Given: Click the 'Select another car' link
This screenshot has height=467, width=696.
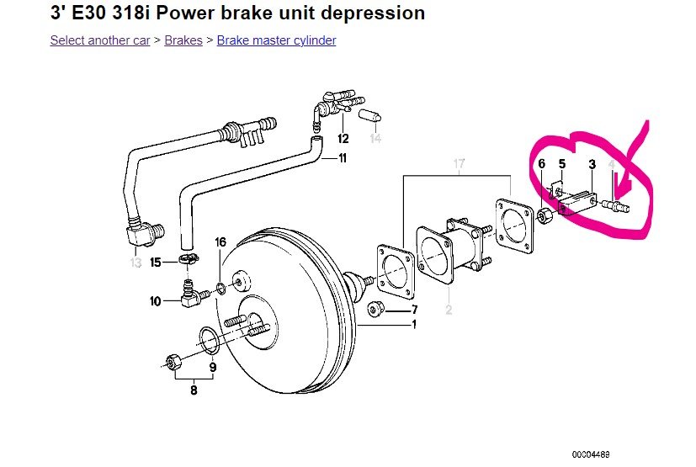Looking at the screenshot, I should click(100, 40).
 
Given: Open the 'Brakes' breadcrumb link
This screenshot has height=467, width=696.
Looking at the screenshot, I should click(183, 40).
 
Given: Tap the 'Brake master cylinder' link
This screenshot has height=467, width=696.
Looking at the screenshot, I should click(276, 40).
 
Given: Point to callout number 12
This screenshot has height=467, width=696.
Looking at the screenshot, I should click(343, 138).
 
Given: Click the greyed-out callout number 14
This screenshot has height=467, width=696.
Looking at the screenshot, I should click(375, 138).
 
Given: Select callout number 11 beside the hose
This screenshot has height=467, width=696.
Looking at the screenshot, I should click(343, 157).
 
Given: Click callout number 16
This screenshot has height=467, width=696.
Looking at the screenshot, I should click(220, 242).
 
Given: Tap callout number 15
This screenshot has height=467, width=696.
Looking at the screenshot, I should click(156, 263).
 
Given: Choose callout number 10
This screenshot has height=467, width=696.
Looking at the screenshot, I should click(156, 300).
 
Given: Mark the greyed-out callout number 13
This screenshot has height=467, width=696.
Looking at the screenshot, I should click(136, 263).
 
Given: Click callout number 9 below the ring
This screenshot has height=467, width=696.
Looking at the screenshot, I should click(212, 367).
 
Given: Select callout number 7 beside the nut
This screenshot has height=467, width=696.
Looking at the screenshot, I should click(413, 309).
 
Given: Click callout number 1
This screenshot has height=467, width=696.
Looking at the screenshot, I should click(413, 324).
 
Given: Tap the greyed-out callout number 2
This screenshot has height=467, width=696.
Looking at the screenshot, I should click(449, 310).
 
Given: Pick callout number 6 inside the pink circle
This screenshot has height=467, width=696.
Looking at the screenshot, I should click(542, 163).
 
